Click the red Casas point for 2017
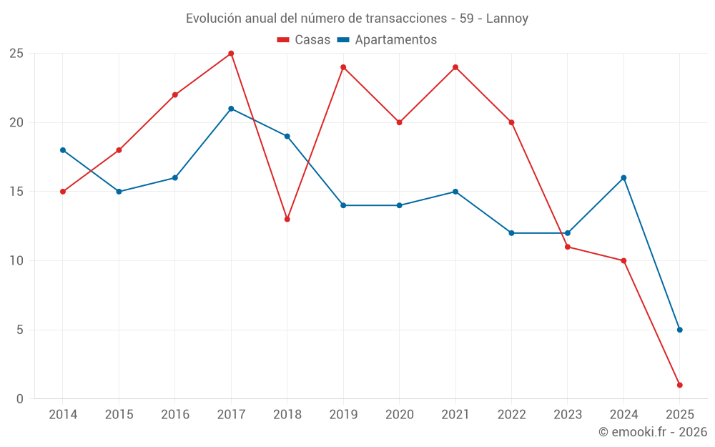click(x=231, y=54)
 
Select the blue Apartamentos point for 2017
click(x=231, y=109)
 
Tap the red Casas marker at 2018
click(x=287, y=219)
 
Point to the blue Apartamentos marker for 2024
click(x=623, y=177)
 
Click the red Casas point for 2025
click(x=679, y=385)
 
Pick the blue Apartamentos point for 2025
click(x=679, y=330)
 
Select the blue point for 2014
click(x=63, y=150)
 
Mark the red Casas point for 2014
click(x=63, y=192)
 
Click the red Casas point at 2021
click(x=455, y=67)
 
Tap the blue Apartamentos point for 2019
click(x=343, y=205)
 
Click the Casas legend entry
click(x=304, y=40)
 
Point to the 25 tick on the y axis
click(x=16, y=54)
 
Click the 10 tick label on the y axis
click(x=16, y=261)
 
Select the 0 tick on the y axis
click(x=20, y=399)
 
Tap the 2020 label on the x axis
click(x=399, y=415)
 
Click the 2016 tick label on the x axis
click(x=175, y=415)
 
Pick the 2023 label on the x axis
click(x=568, y=415)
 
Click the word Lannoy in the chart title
click(x=507, y=19)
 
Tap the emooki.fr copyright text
click(x=652, y=432)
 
